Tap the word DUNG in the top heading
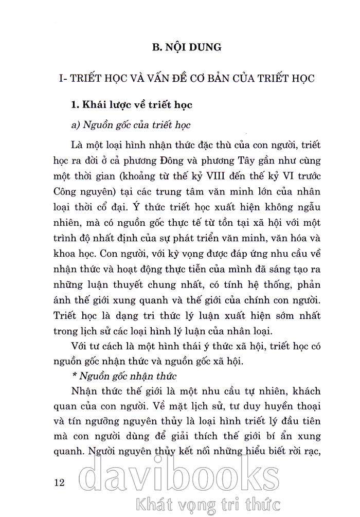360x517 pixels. pyautogui.click(x=204, y=47)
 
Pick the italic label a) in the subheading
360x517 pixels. pyautogui.click(x=76, y=126)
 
